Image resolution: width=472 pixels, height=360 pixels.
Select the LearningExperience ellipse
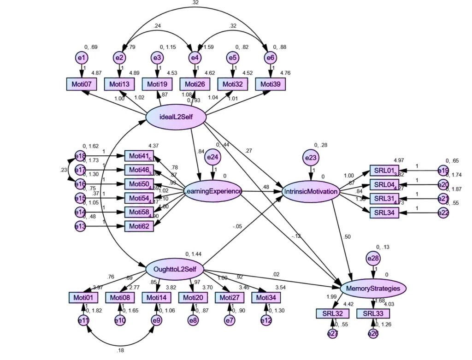click(212, 191)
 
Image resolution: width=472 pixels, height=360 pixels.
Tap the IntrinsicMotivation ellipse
click(311, 191)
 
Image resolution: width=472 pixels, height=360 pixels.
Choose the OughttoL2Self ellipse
click(175, 269)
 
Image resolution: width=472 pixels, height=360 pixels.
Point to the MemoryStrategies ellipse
click(373, 288)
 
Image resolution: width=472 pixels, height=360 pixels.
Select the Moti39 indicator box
click(271, 84)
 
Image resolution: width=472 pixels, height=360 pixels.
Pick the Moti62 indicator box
click(139, 226)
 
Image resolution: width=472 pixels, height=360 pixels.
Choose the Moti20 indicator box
click(192, 298)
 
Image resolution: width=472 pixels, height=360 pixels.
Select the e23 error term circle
click(311, 158)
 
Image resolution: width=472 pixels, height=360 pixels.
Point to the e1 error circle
click(82, 58)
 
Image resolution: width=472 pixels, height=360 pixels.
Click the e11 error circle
click(83, 320)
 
